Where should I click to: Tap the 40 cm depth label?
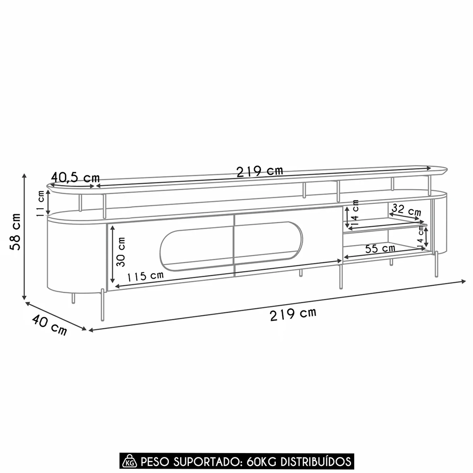click(49, 325)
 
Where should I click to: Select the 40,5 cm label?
click(76, 177)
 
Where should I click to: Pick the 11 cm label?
click(41, 203)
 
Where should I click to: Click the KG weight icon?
click(128, 461)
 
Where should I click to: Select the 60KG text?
click(262, 461)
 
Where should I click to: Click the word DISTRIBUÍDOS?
click(316, 461)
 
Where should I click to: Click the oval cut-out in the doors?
click(231, 245)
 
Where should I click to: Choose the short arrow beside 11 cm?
click(48, 203)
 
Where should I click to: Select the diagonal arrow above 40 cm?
click(56, 315)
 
